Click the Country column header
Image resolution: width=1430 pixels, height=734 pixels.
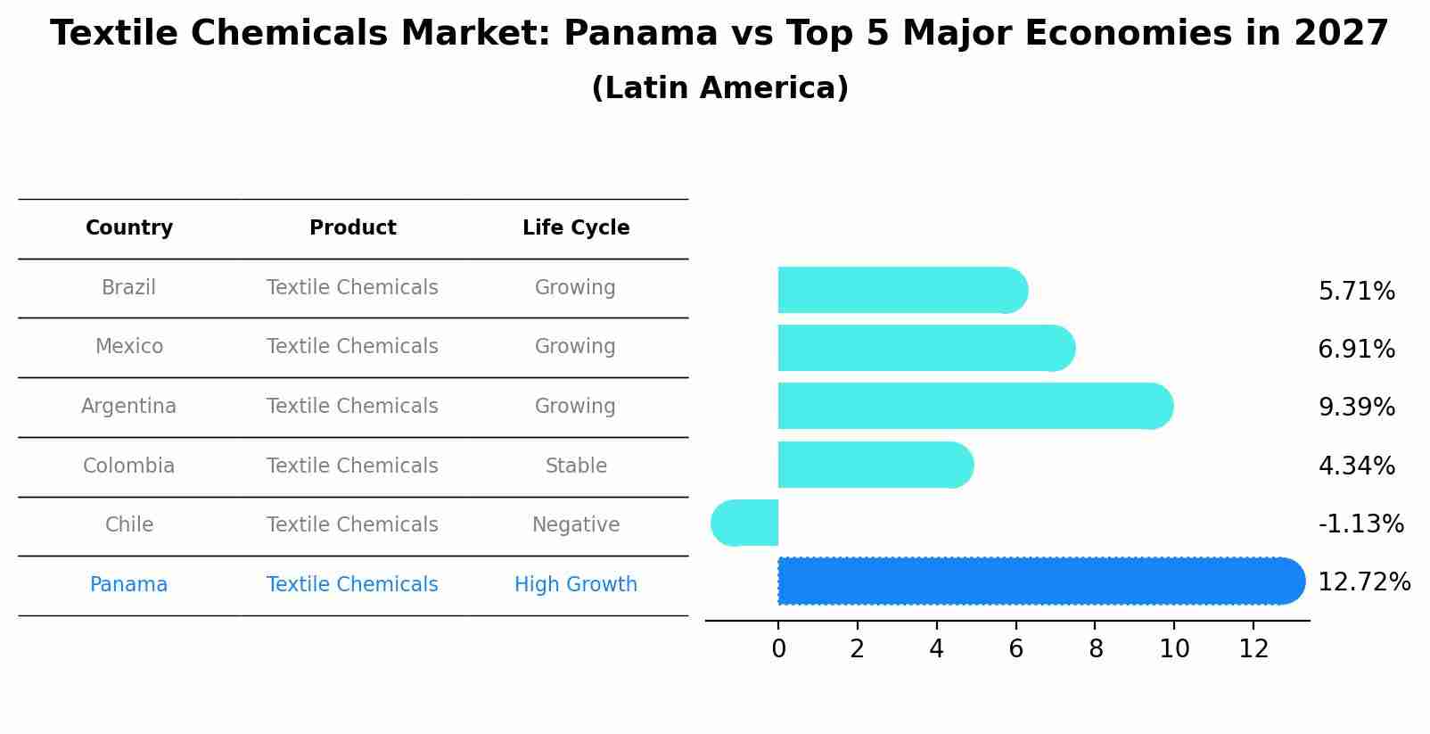(x=129, y=228)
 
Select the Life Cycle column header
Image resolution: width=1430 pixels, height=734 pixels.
(x=576, y=228)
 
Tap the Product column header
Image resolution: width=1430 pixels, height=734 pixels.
(x=353, y=228)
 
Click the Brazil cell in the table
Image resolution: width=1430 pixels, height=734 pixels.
(x=128, y=288)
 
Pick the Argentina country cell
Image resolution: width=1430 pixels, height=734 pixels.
(x=128, y=407)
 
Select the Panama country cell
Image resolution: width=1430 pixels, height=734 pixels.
(x=128, y=585)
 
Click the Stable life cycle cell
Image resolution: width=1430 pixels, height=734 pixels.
(x=576, y=466)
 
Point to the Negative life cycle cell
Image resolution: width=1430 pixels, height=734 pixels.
(x=576, y=525)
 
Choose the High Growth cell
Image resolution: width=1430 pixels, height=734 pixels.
(x=576, y=585)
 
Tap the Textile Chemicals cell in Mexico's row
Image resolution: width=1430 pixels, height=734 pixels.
(x=352, y=347)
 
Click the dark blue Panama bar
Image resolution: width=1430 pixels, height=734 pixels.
(x=1034, y=581)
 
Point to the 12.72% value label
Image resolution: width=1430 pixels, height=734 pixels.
(x=1364, y=582)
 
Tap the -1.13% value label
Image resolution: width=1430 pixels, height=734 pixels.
(x=1361, y=524)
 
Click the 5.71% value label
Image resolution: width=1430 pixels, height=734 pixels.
(x=1357, y=292)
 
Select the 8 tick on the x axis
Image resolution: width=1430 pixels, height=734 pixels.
(x=1096, y=649)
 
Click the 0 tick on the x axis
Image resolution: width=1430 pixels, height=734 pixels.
(x=778, y=649)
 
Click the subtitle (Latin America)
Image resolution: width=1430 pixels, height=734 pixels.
(x=719, y=88)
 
